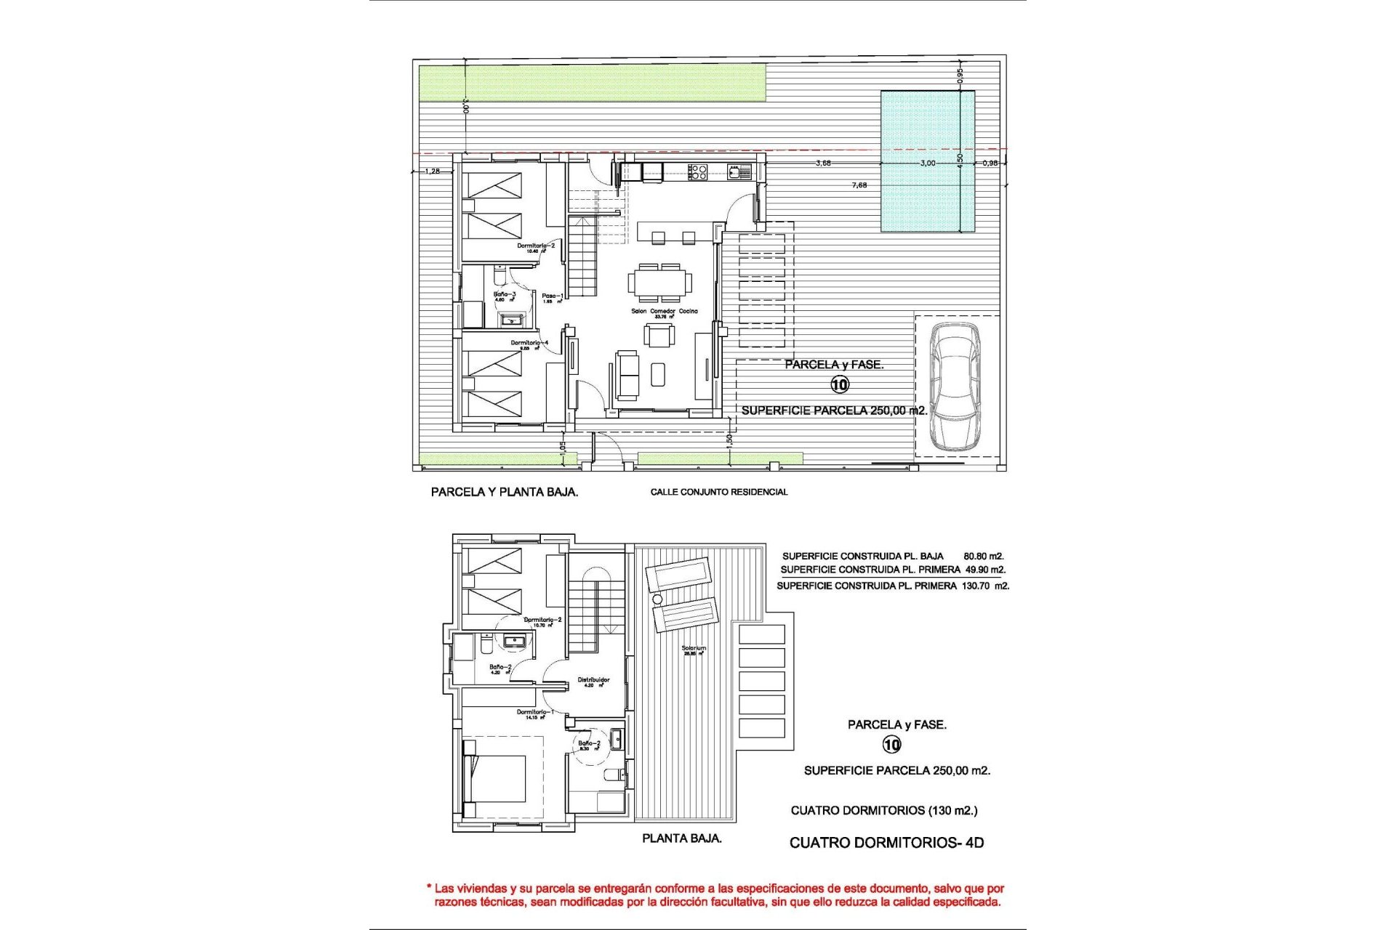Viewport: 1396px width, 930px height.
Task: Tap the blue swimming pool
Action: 927,161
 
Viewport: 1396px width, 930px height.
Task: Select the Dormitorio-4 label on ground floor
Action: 529,343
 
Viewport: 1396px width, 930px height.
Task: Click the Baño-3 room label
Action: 505,295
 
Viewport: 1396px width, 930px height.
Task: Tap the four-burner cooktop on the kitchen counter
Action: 698,171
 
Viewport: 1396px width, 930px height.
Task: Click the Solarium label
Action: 694,649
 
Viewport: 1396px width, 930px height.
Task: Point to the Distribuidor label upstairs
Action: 593,681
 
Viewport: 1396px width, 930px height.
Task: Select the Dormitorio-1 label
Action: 535,712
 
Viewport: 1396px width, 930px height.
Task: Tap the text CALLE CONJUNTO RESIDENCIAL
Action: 718,492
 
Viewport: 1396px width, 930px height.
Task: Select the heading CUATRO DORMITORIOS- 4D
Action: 886,843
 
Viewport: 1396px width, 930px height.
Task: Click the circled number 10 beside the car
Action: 840,384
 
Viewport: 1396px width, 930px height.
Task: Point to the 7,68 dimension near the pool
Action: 859,185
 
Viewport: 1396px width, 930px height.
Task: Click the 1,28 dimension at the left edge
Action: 432,171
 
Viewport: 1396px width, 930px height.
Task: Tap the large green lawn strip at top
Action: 592,82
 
